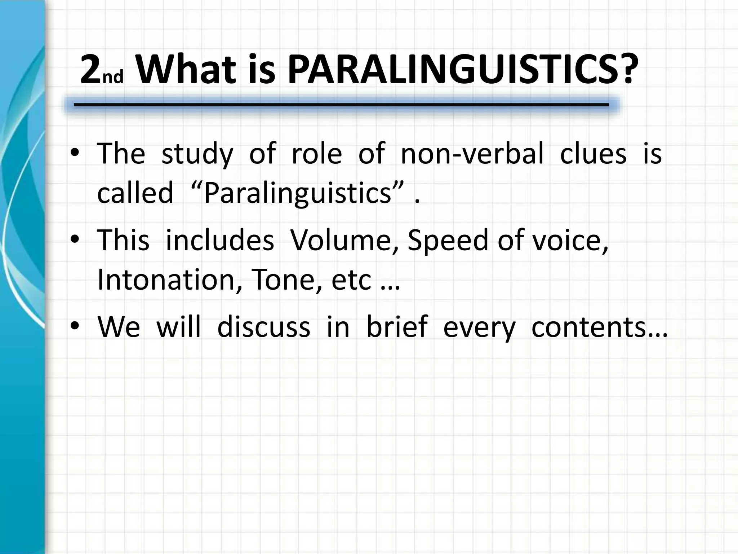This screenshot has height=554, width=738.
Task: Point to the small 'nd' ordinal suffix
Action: (x=113, y=76)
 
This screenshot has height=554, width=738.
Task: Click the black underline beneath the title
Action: (x=341, y=105)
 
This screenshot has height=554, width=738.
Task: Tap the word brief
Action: (x=397, y=327)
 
